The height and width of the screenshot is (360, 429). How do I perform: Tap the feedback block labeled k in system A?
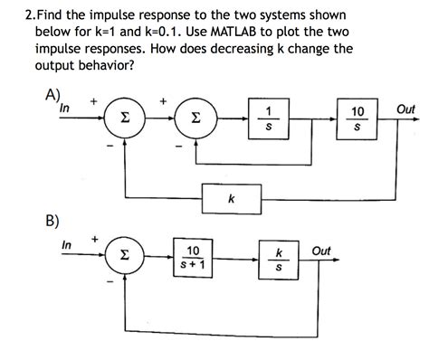(231, 197)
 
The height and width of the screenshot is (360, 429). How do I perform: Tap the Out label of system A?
(405, 109)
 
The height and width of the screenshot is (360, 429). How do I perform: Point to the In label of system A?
(64, 108)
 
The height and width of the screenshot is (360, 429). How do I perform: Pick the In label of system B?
(67, 245)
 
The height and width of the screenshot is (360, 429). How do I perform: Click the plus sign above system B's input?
(94, 240)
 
